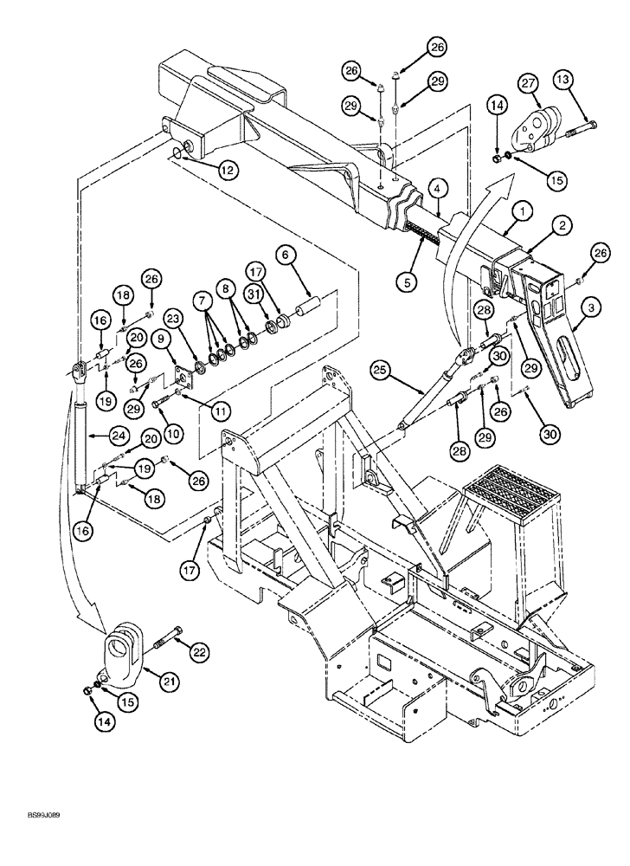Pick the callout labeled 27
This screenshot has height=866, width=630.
tap(527, 83)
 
